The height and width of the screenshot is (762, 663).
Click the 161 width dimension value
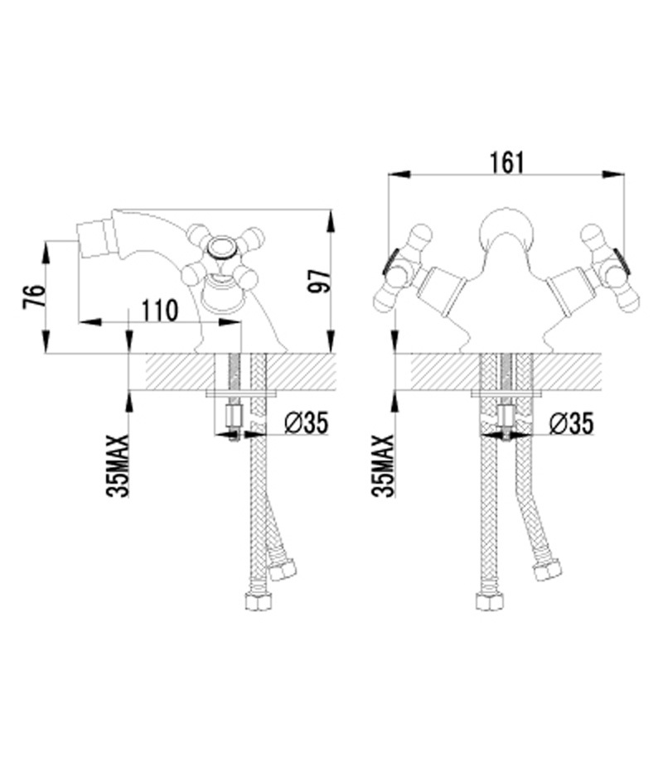pyautogui.click(x=506, y=162)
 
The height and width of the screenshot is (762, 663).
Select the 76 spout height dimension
pyautogui.click(x=34, y=297)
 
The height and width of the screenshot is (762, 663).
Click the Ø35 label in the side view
pyautogui.click(x=307, y=422)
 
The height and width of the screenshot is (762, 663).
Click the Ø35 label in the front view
pyautogui.click(x=571, y=422)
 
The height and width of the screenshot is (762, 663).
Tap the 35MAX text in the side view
pyautogui.click(x=118, y=465)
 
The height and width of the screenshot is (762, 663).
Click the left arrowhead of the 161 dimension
pyautogui.click(x=399, y=175)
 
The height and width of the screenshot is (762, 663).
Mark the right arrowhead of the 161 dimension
pyautogui.click(x=613, y=175)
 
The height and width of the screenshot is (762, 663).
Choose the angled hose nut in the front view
pyautogui.click(x=547, y=570)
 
